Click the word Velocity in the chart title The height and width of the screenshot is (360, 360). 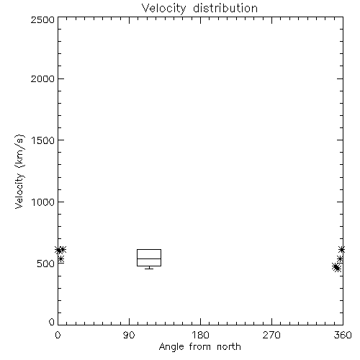click(x=163, y=9)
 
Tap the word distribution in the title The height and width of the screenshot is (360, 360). click(x=225, y=8)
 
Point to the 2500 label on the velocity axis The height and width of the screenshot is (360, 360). click(x=42, y=19)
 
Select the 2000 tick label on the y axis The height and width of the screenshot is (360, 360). click(x=42, y=78)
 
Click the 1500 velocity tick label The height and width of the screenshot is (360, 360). click(x=43, y=140)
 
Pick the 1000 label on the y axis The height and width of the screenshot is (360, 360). click(x=43, y=202)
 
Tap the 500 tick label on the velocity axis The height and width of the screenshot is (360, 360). click(x=46, y=264)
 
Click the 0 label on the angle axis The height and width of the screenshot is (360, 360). click(x=58, y=335)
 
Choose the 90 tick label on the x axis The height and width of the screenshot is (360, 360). click(x=129, y=335)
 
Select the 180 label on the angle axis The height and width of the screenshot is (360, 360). click(x=200, y=335)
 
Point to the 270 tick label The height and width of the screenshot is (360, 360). click(x=271, y=335)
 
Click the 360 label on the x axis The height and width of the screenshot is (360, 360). click(x=343, y=335)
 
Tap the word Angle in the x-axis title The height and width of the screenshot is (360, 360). click(x=171, y=347)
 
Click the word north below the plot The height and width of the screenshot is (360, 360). click(x=229, y=347)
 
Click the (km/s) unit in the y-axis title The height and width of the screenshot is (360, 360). click(x=19, y=151)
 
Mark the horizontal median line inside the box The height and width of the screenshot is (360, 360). click(x=149, y=258)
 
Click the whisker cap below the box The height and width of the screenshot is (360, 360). click(x=149, y=269)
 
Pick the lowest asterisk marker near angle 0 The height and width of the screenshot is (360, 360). click(x=61, y=258)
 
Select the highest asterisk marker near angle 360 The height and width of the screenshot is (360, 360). click(x=341, y=250)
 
